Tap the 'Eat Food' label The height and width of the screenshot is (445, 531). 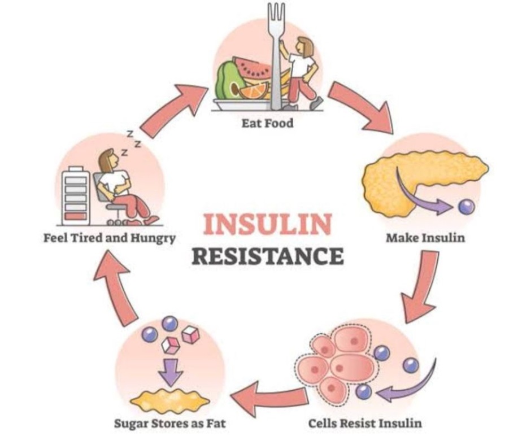268,123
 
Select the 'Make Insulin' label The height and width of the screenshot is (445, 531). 425,238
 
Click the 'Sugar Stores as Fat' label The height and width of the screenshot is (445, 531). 169,422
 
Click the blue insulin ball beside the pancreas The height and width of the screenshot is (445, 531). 467,207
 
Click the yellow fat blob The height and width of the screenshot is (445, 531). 169,399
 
